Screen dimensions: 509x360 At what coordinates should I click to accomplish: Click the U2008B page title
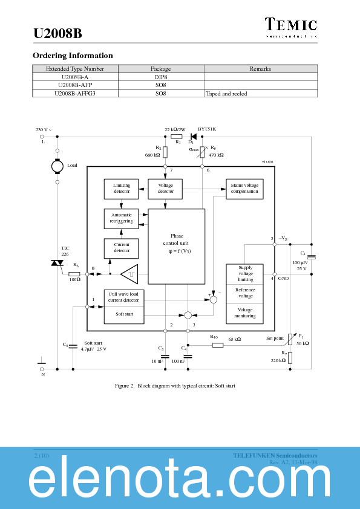click(57, 34)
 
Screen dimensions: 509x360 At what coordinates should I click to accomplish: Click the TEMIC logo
click(291, 25)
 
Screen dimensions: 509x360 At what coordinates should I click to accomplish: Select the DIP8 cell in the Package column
click(160, 77)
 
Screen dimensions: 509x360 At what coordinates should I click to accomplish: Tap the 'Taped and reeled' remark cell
click(227, 94)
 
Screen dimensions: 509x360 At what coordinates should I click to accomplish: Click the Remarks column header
click(260, 69)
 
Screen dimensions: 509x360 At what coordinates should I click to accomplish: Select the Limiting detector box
click(122, 189)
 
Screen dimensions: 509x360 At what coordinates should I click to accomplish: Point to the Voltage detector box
click(166, 189)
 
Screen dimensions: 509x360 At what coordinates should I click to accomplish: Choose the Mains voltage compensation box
click(244, 189)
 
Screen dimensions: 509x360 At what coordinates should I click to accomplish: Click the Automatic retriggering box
click(122, 218)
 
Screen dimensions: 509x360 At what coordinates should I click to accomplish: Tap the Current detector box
click(122, 248)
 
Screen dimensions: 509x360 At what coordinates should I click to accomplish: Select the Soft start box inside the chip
click(124, 315)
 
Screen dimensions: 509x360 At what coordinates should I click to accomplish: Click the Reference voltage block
click(245, 293)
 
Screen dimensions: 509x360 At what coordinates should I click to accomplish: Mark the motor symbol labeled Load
click(57, 166)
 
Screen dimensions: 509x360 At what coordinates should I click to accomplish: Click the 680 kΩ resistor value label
click(152, 155)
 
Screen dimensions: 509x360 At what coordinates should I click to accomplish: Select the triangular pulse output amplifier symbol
click(129, 274)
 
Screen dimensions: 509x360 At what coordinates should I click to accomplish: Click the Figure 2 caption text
click(175, 385)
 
